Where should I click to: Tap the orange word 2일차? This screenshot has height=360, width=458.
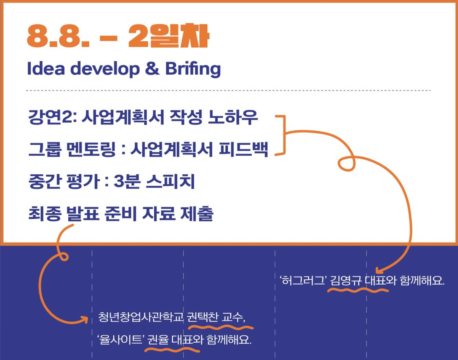point(169,36)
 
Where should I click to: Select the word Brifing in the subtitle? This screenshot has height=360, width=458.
point(193,69)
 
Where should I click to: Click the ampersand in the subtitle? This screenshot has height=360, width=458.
point(152,68)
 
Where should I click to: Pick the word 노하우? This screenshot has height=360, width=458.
point(233,117)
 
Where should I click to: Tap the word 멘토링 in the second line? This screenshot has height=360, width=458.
point(91,149)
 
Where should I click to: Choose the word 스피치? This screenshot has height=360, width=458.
point(170,181)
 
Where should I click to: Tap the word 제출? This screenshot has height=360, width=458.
point(197,213)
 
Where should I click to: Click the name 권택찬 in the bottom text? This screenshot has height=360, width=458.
point(203,317)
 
